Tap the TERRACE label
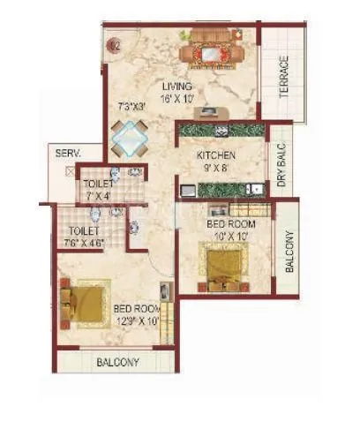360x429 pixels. [x=284, y=78]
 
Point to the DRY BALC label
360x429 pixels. [x=282, y=166]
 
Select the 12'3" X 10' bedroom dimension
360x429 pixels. [x=137, y=320]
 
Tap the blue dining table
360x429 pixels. [x=130, y=137]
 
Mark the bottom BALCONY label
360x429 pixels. [x=116, y=362]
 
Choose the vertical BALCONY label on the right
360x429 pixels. [x=290, y=251]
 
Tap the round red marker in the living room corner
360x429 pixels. [x=114, y=43]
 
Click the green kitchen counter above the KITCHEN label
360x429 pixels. [x=221, y=131]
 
